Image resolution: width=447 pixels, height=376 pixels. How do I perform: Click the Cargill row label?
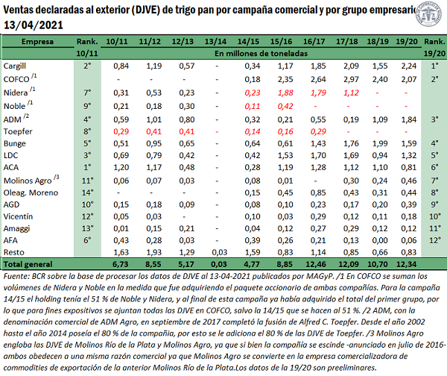click(x=15, y=66)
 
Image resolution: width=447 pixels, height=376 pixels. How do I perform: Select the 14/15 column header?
click(x=248, y=42)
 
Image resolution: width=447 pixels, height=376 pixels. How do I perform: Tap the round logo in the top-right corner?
click(x=430, y=13)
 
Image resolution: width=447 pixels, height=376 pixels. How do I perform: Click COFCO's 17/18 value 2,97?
click(x=351, y=79)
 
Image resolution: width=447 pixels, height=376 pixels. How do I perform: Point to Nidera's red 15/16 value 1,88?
click(x=285, y=93)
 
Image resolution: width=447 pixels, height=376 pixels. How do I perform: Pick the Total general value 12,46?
click(x=316, y=264)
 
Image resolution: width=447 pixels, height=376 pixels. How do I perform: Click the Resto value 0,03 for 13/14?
click(x=219, y=252)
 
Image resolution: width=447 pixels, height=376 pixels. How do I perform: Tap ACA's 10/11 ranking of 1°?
click(x=87, y=167)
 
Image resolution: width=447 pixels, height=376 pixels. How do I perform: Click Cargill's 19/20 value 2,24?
click(x=409, y=66)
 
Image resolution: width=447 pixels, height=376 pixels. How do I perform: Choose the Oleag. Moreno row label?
click(x=31, y=193)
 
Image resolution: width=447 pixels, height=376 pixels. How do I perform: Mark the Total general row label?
click(x=28, y=264)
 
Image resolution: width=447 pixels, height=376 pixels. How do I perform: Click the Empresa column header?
click(x=37, y=42)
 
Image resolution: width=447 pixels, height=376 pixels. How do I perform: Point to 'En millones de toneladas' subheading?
click(x=261, y=54)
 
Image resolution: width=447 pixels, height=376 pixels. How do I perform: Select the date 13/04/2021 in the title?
click(x=34, y=25)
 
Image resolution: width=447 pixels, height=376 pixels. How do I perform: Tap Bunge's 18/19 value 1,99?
click(x=380, y=143)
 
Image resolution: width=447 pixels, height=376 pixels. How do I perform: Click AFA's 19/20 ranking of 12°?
click(x=435, y=240)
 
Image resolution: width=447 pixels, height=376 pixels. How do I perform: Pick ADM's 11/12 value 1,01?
click(x=154, y=119)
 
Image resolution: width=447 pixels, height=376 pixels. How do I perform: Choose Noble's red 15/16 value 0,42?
click(x=285, y=106)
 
